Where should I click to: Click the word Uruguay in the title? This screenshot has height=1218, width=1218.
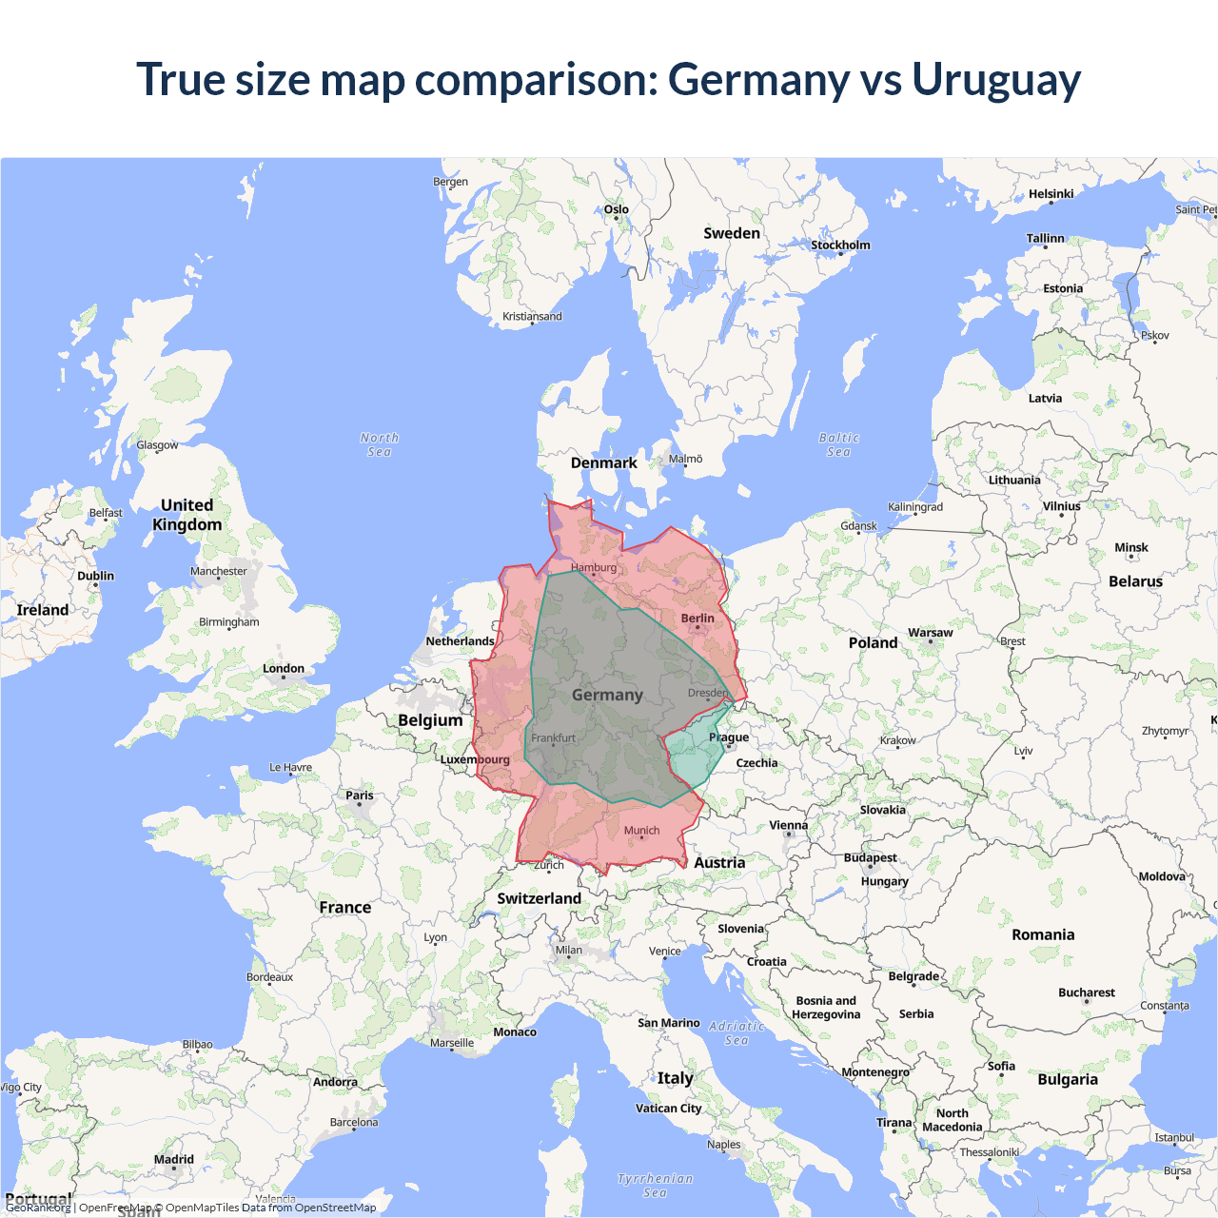click(996, 80)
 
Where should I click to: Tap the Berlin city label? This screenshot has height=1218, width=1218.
click(697, 619)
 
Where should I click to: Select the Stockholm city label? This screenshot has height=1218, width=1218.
click(840, 246)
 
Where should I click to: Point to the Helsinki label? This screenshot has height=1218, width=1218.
click(1051, 194)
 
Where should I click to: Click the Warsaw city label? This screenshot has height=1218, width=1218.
click(930, 633)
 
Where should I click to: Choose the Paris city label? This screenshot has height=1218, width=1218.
click(360, 796)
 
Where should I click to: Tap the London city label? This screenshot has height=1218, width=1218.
click(284, 669)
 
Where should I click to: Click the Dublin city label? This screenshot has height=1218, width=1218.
click(95, 576)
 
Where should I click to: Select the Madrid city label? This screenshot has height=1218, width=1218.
click(174, 1159)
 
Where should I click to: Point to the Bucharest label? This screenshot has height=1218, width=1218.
click(1086, 992)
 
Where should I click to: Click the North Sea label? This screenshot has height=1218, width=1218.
click(380, 444)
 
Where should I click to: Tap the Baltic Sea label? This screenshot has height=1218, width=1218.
click(838, 444)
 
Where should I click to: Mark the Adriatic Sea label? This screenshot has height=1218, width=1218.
click(737, 1032)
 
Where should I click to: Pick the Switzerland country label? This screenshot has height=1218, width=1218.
click(539, 898)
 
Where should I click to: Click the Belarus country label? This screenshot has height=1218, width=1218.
click(1135, 581)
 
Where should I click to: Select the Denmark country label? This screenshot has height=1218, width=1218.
click(603, 463)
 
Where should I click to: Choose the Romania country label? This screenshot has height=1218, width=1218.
click(1043, 934)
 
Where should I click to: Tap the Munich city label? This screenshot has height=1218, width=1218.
click(641, 831)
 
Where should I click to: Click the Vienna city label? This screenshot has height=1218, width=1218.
click(788, 825)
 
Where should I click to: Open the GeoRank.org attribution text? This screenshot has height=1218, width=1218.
click(38, 1208)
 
